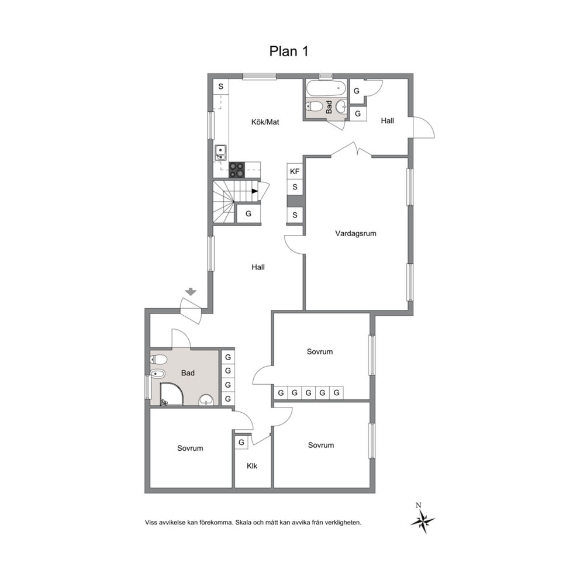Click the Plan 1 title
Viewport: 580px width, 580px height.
click(x=288, y=51)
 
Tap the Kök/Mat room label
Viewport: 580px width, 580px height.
click(x=265, y=122)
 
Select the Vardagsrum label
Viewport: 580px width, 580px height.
click(x=355, y=233)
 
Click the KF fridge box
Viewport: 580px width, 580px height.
click(x=295, y=171)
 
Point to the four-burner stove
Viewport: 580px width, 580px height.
click(x=237, y=170)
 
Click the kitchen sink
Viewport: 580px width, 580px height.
click(x=221, y=153)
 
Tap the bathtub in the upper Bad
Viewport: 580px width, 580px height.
click(x=326, y=88)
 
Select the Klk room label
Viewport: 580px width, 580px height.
click(x=252, y=466)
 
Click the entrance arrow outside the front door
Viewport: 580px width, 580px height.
click(x=191, y=292)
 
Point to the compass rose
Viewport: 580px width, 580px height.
click(x=422, y=520)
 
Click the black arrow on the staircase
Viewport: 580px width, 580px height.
click(x=255, y=191)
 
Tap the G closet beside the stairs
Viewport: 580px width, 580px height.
click(x=248, y=214)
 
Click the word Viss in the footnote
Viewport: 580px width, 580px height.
click(x=151, y=523)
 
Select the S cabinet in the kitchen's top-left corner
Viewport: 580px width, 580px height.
click(x=221, y=87)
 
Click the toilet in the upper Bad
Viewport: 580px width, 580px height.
click(x=315, y=106)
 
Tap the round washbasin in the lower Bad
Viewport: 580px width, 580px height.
click(x=206, y=400)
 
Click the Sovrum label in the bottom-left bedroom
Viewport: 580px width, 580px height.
click(x=190, y=448)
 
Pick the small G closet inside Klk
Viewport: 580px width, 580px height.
click(x=241, y=442)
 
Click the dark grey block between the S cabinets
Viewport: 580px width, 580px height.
click(x=295, y=201)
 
